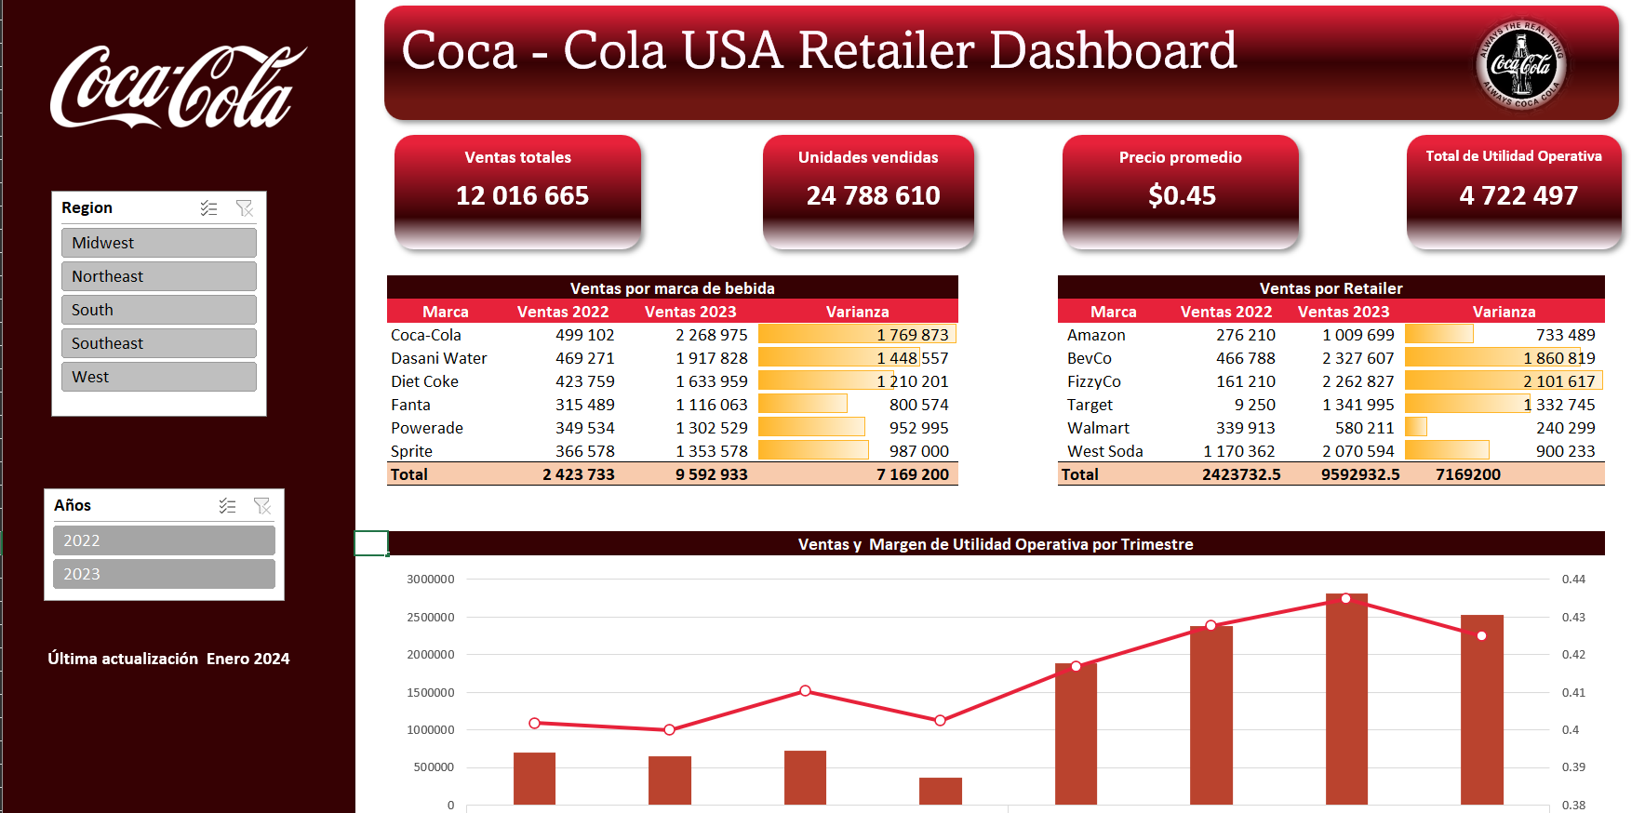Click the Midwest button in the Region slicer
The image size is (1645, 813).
[x=158, y=243]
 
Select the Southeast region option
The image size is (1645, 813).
[x=158, y=343]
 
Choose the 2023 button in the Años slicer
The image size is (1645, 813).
[x=164, y=574]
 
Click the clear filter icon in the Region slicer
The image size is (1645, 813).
[x=245, y=208]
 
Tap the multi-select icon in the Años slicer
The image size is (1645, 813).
[x=227, y=506]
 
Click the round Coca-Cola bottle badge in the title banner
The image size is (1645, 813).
[x=1521, y=64]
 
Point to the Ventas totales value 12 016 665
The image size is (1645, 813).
[x=522, y=195]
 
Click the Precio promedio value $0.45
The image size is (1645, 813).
[x=1182, y=195]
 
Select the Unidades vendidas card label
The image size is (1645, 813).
[x=868, y=157]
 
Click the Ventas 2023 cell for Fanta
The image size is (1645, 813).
[x=711, y=405]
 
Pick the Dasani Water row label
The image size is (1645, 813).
[x=438, y=358]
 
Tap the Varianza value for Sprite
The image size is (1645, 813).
[x=918, y=451]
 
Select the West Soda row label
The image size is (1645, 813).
[x=1104, y=451]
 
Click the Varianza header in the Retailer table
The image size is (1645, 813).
[x=1504, y=312]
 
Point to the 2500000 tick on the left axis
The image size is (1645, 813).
[x=431, y=618]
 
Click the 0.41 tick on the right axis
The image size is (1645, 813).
[x=1573, y=693]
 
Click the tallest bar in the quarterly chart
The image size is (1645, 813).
[x=1346, y=698]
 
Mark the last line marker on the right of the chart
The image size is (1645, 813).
[x=1481, y=636]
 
